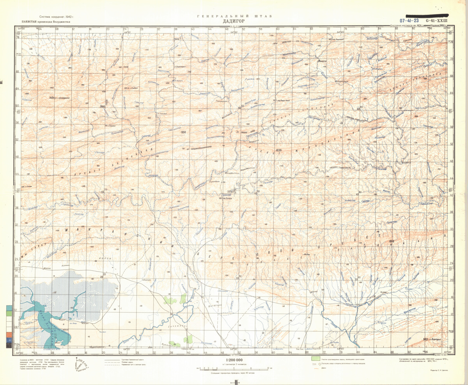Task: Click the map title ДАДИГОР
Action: [x=234, y=22]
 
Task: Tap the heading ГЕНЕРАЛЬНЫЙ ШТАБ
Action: [x=234, y=16]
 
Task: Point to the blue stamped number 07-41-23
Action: [x=409, y=21]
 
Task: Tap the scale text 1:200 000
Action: [x=234, y=360]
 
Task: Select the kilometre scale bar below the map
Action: [x=234, y=368]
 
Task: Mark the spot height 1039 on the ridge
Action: [x=278, y=150]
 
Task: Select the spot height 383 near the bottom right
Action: [x=426, y=340]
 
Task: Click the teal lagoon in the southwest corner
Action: [x=43, y=323]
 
